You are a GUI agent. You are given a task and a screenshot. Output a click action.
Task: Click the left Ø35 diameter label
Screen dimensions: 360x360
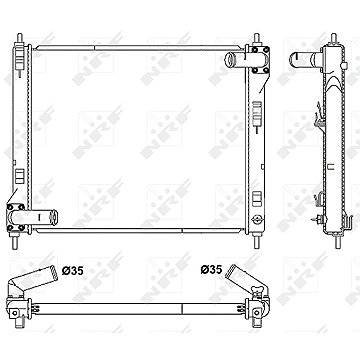point(72,271)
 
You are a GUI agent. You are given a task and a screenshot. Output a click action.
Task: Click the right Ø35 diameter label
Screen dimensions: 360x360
point(211,269)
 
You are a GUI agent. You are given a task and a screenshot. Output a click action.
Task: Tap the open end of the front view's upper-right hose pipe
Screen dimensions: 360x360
point(230,60)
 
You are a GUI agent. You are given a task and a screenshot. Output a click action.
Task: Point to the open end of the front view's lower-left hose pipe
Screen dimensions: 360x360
point(53,217)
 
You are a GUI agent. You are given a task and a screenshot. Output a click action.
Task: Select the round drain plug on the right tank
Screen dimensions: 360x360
point(257,219)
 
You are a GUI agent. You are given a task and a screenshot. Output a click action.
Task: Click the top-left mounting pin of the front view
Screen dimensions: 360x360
point(20,38)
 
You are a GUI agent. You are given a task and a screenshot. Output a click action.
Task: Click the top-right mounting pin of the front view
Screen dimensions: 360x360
point(256,39)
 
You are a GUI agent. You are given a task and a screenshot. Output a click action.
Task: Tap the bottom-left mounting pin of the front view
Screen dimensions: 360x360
point(14,241)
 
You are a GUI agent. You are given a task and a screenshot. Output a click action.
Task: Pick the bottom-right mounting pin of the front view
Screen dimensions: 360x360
point(256,241)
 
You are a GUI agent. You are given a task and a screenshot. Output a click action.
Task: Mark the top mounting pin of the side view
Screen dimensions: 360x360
point(333,38)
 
